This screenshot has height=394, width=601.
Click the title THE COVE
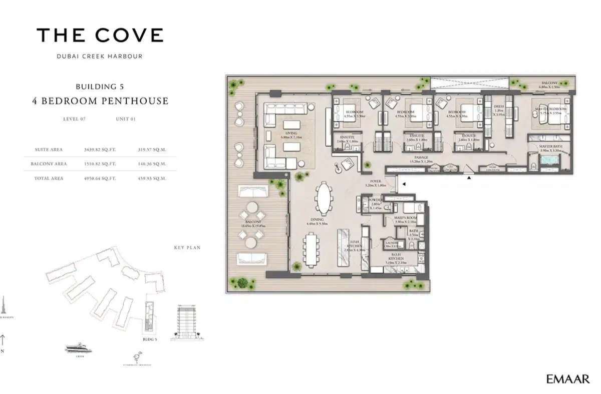click(x=100, y=35)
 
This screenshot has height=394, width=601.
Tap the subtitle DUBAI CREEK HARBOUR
click(x=100, y=56)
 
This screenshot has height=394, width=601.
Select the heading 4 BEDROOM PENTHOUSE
click(x=100, y=100)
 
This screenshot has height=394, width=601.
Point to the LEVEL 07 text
click(x=74, y=119)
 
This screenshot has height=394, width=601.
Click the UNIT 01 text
click(x=126, y=119)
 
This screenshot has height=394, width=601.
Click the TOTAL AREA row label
click(x=49, y=178)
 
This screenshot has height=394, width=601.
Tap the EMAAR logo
click(x=567, y=379)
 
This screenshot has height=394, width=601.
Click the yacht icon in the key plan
click(x=77, y=348)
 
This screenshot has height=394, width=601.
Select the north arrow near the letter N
click(x=4, y=340)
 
